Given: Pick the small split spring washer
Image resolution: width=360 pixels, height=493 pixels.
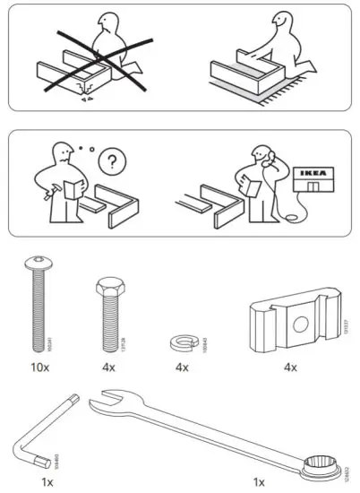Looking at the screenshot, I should (x=181, y=342).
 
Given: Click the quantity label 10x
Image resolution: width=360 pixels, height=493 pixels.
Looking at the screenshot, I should (x=38, y=368).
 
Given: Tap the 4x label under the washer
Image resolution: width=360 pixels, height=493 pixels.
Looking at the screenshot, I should (x=181, y=368).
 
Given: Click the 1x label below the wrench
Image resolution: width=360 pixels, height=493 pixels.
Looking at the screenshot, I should (x=259, y=481).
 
